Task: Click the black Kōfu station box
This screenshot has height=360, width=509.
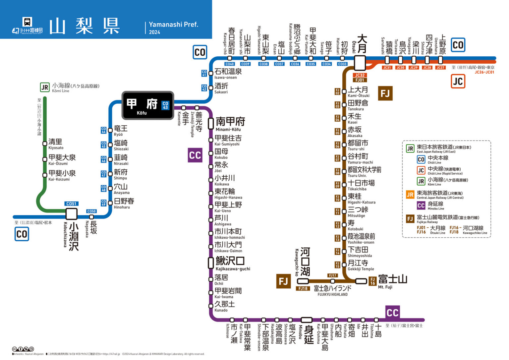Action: coord(147,105)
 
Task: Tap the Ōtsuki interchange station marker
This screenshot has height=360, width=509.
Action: coord(360,63)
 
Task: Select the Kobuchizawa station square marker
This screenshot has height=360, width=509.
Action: coord(71,214)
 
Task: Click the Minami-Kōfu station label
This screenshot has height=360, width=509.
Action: coord(230,124)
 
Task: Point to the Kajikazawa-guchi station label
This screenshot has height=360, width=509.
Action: coord(232,263)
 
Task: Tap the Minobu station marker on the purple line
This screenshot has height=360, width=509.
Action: coord(307,320)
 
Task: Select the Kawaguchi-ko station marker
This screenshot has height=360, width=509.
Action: coord(303,281)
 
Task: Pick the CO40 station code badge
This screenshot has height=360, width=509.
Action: coord(229,64)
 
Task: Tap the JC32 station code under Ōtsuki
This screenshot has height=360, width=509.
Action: coord(360,75)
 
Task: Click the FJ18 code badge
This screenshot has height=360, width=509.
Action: coord(303,288)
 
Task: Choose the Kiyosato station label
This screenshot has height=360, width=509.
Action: coord(56,144)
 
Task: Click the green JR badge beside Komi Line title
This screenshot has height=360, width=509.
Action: coord(45,88)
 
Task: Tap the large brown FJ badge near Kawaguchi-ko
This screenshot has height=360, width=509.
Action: coord(283,281)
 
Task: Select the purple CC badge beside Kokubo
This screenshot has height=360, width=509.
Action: coord(195,155)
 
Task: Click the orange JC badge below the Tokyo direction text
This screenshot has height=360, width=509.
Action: coord(458,81)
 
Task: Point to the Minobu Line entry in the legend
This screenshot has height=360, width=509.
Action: coord(435,206)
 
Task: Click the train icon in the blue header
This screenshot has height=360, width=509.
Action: coord(27,22)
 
